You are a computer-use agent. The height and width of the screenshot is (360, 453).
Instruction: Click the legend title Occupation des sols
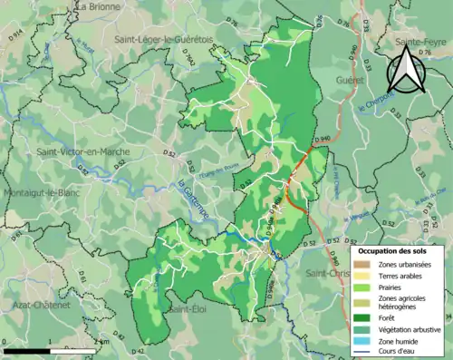click(392, 250)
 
